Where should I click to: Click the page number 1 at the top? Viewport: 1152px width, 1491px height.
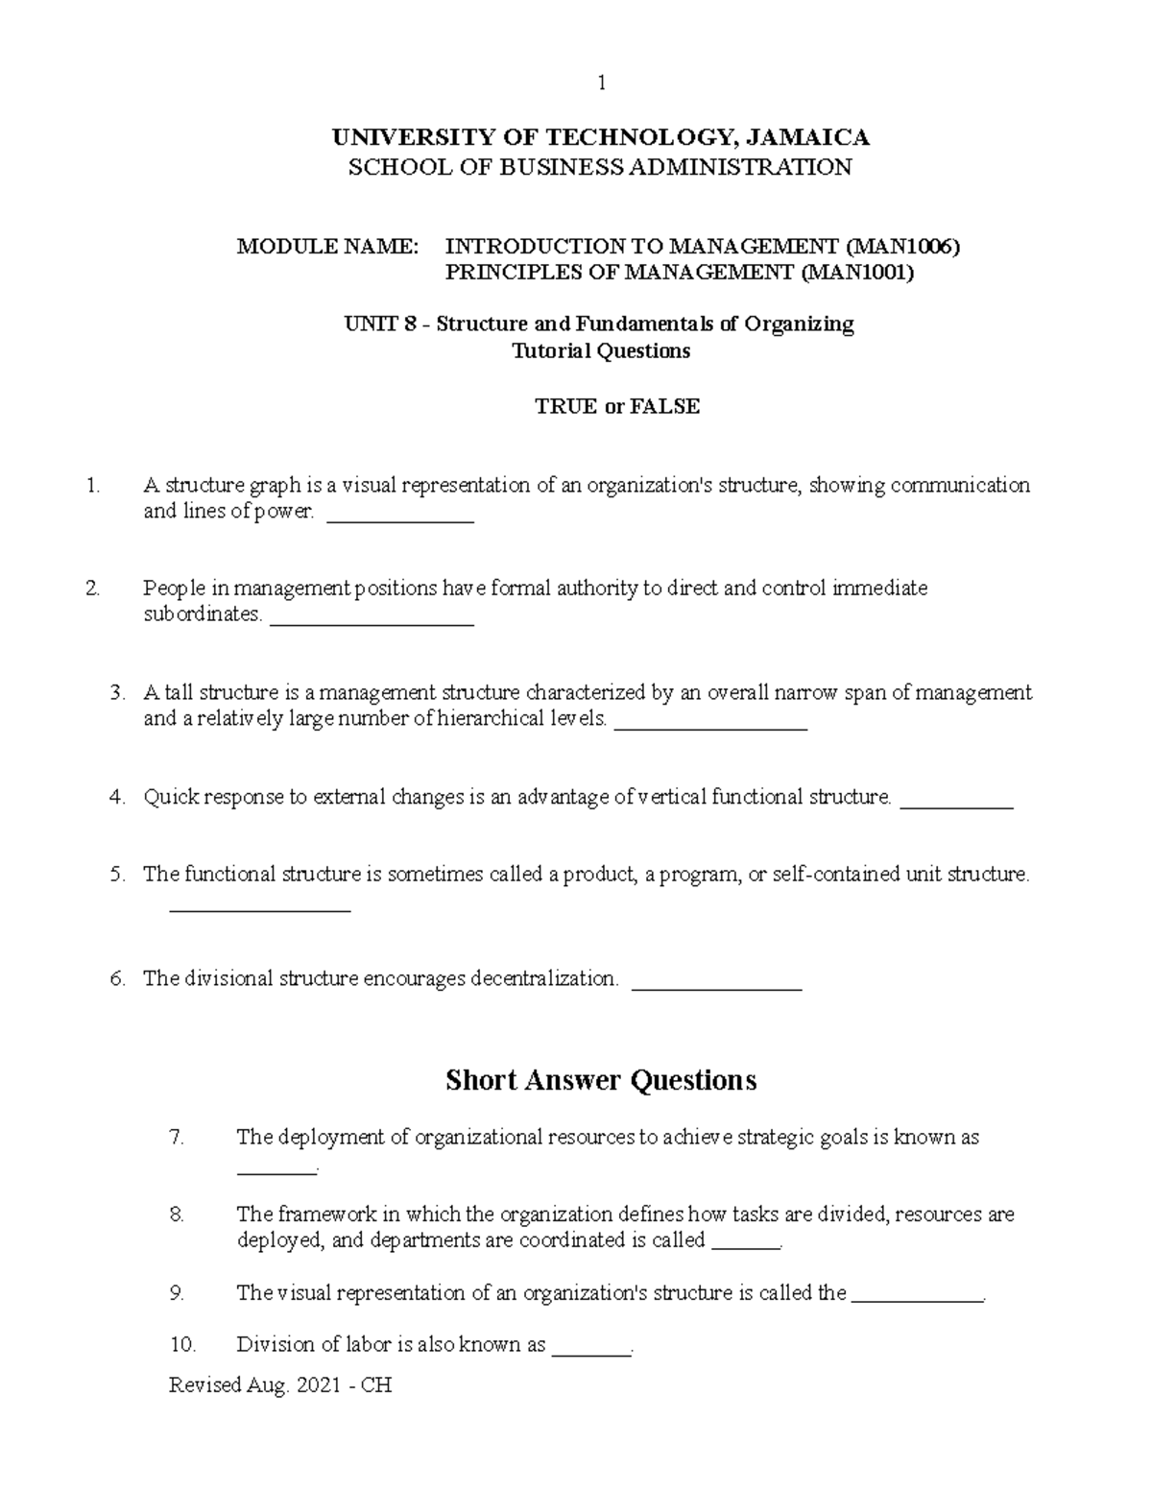pos(601,84)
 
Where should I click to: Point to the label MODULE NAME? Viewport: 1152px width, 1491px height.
pos(328,247)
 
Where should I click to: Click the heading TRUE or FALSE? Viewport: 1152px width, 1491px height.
pos(617,406)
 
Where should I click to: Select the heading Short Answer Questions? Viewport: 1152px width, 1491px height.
pos(601,1080)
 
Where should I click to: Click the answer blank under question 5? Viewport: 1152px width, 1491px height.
pos(259,906)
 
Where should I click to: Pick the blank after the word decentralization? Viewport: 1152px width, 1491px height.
pos(718,984)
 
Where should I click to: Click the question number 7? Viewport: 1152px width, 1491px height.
pos(176,1138)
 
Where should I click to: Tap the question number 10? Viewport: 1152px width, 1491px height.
pos(182,1345)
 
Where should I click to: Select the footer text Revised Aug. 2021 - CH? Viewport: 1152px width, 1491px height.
pos(280,1385)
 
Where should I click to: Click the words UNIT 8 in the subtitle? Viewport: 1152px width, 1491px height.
pos(381,325)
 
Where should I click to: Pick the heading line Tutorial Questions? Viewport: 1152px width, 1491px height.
pos(601,351)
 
